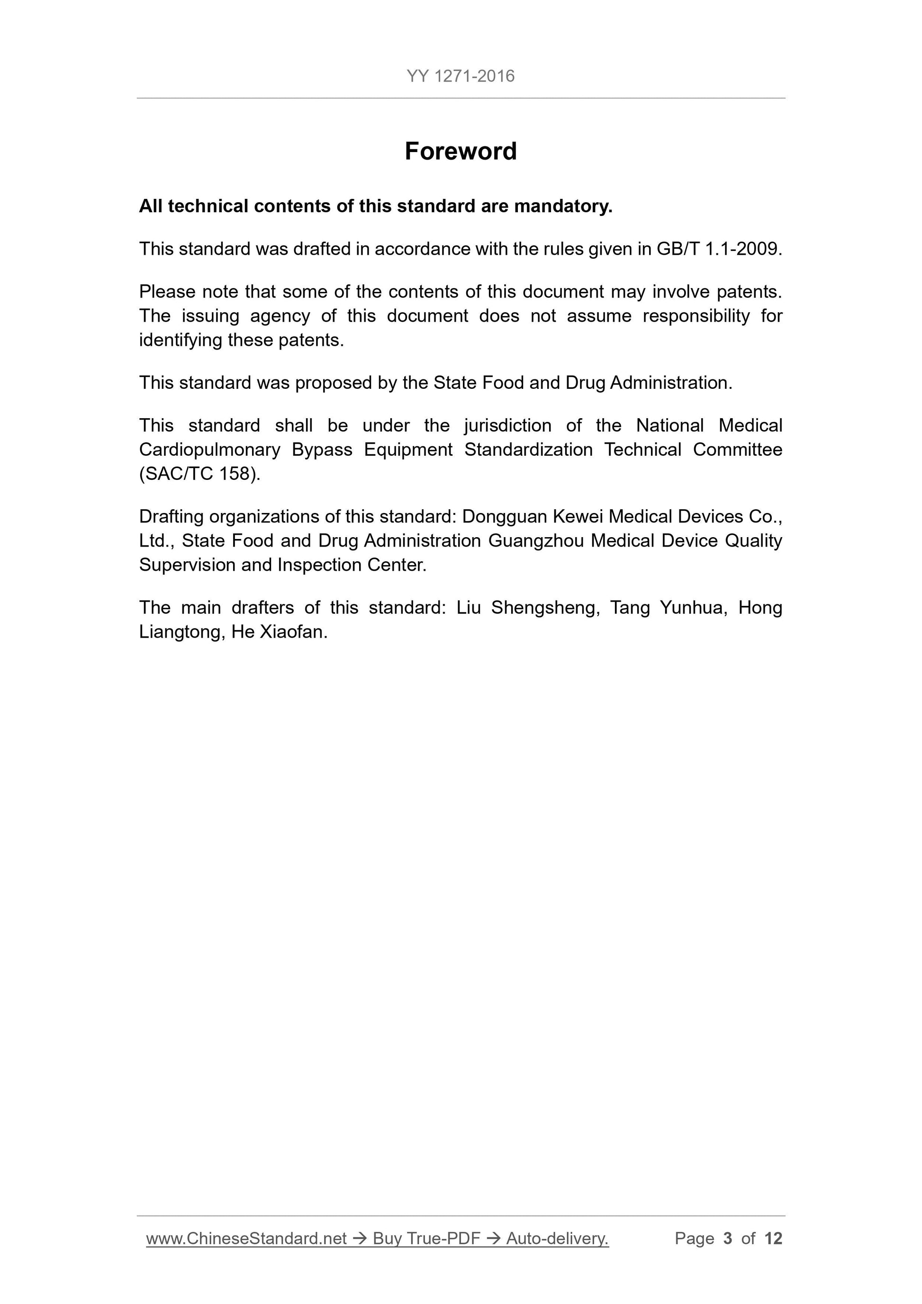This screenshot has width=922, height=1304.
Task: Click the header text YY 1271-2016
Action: tap(460, 76)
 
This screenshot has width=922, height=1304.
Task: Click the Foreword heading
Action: tap(460, 152)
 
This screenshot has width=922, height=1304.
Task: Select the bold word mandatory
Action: tap(563, 206)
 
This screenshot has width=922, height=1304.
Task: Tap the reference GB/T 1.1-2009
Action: tap(719, 249)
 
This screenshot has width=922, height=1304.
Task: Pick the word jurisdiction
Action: tap(507, 425)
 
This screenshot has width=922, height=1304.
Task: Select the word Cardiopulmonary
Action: tap(209, 450)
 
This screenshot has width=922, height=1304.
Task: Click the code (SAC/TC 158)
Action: tap(199, 474)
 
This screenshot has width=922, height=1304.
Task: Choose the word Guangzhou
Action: tap(536, 540)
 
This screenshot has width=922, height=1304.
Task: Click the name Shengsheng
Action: tap(545, 608)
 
